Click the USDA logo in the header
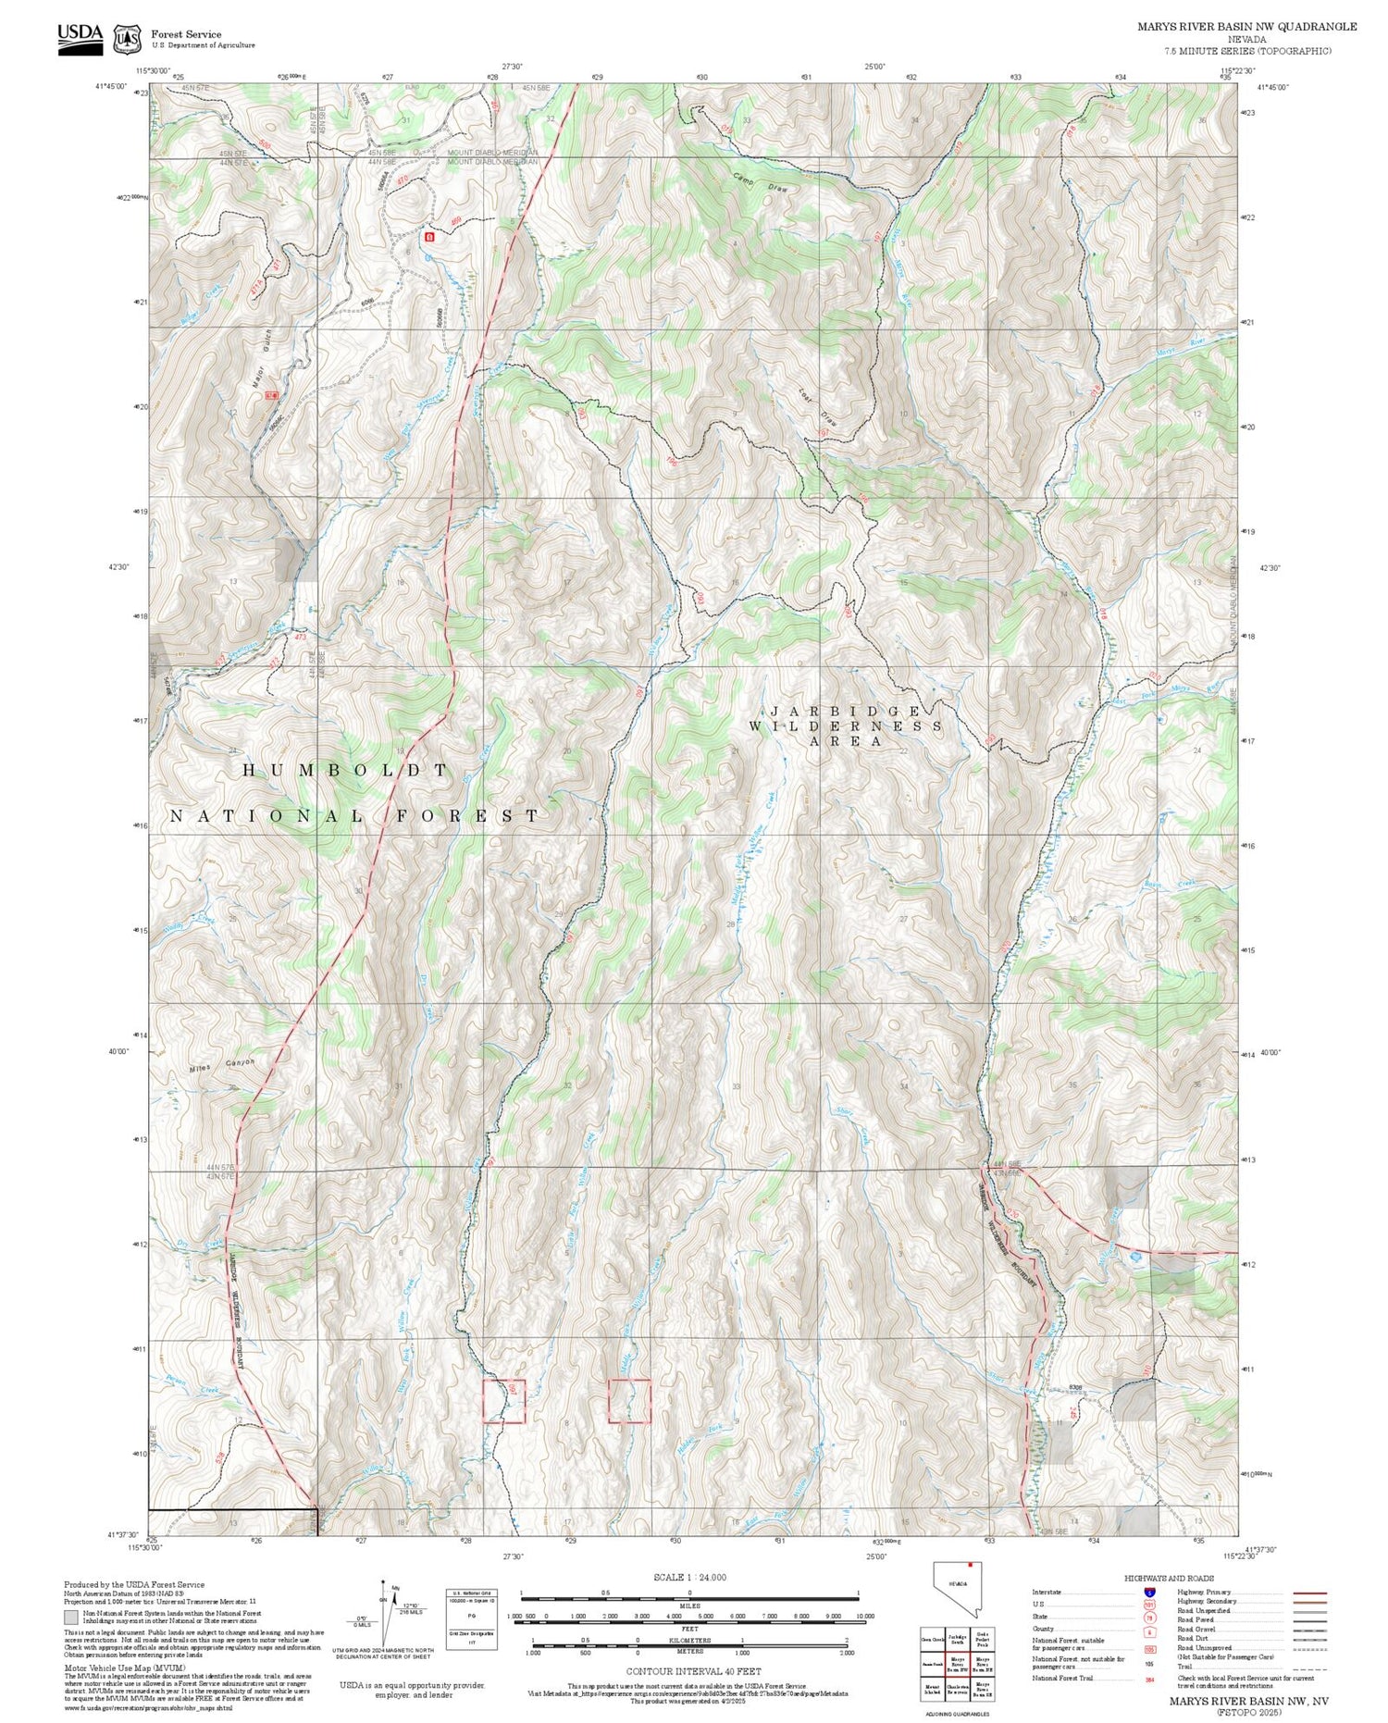click(x=80, y=38)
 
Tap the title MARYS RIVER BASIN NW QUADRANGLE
click(x=1245, y=27)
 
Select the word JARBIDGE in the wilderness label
click(x=847, y=711)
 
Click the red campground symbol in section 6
click(x=428, y=237)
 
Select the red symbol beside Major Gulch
click(x=271, y=395)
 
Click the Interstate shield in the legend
click(x=1149, y=1593)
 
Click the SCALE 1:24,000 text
click(x=689, y=1577)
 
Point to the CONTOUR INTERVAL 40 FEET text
click(x=693, y=1671)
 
